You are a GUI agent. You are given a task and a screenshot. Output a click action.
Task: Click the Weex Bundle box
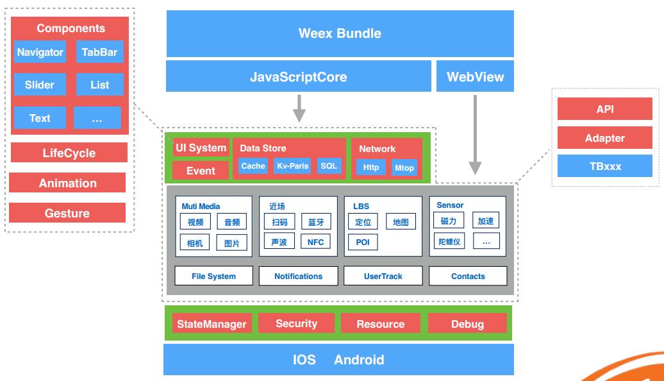340,33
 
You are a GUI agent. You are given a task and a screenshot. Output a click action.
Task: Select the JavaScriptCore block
298,77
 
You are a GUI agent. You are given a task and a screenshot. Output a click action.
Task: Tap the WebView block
475,77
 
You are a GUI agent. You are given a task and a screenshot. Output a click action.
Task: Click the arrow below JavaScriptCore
299,108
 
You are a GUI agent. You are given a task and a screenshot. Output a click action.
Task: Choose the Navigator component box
40,52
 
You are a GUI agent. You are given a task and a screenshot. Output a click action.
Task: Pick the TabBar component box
99,52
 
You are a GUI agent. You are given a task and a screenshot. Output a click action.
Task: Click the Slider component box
40,85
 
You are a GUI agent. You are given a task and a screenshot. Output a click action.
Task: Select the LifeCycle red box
69,153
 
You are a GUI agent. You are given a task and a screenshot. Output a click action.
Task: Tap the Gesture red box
67,213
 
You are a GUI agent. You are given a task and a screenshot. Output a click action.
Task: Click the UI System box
201,148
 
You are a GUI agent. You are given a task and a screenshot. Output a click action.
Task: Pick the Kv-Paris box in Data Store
292,166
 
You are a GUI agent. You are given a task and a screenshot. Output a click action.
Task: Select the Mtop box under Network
404,167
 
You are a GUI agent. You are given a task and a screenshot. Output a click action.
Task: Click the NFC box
315,242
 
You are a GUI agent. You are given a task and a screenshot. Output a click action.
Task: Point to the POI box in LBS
363,242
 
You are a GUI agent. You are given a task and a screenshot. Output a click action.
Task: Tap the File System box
213,276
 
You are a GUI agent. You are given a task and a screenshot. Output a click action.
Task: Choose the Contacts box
468,276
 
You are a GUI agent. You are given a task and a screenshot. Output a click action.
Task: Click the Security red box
296,323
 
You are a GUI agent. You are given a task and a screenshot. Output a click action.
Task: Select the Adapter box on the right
604,138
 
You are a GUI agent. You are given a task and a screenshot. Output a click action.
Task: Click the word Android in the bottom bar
359,360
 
